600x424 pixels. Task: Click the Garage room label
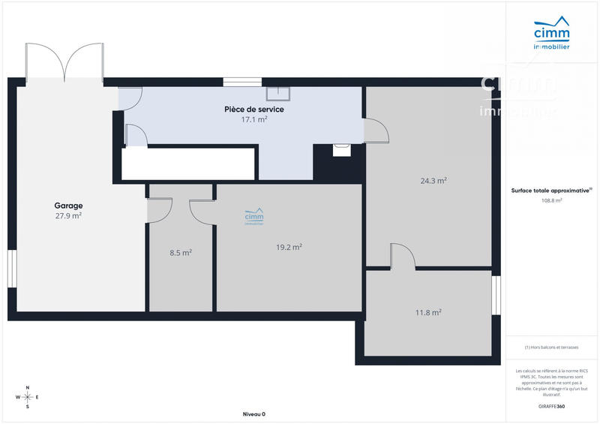[68, 206]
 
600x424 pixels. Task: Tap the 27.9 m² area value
[68, 216]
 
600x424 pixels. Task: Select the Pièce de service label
[254, 110]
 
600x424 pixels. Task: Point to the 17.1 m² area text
[254, 119]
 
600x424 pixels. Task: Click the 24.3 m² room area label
[433, 181]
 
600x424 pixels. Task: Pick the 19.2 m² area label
[289, 247]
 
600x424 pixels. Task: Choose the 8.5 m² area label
[181, 253]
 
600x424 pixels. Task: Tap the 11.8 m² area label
[428, 313]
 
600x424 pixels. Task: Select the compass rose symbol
[28, 397]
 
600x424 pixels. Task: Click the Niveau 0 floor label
[254, 414]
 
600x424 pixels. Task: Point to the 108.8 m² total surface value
[552, 201]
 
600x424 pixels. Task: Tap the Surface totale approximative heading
[551, 191]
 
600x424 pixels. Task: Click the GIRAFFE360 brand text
[551, 407]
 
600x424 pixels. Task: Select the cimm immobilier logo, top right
[551, 35]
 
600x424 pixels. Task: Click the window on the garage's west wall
[12, 268]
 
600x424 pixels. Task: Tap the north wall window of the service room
[241, 82]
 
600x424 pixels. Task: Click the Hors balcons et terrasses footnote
[551, 347]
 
